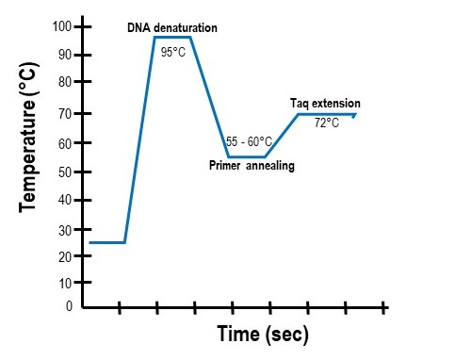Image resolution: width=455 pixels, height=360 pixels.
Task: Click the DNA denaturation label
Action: coord(172,28)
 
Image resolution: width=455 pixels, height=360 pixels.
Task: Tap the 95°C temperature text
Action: coord(172,52)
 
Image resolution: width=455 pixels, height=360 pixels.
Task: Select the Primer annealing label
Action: coord(252,165)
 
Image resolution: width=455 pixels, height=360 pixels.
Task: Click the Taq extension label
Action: coord(325,103)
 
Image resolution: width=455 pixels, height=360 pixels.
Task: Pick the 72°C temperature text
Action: coord(326,123)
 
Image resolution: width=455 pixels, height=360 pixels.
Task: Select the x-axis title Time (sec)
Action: coord(263,334)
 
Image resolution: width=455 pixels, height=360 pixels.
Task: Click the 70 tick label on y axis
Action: coord(64,113)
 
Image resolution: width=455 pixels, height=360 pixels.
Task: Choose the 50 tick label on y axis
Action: coord(64,172)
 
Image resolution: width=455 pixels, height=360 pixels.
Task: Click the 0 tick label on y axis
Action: coord(69,306)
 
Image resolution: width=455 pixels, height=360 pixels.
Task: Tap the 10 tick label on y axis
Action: coord(64,283)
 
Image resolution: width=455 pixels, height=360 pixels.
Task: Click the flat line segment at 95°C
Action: coord(173,37)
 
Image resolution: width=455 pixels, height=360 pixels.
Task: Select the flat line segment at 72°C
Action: coord(326,114)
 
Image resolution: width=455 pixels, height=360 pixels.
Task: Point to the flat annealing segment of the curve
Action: coord(248,156)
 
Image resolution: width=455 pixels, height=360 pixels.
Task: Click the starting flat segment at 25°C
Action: coord(106,242)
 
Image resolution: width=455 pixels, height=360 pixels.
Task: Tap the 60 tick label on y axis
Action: coord(64,143)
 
